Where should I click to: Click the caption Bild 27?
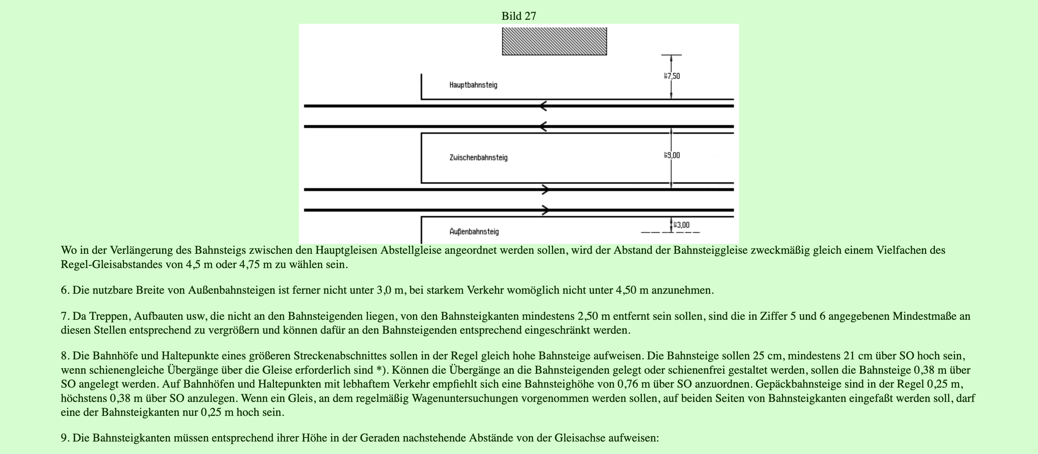pyautogui.click(x=519, y=16)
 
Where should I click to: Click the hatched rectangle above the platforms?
pyautogui.click(x=554, y=41)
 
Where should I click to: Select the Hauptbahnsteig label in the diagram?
pyautogui.click(x=473, y=85)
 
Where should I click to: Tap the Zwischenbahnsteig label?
pyautogui.click(x=478, y=158)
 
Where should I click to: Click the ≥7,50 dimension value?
pyautogui.click(x=672, y=76)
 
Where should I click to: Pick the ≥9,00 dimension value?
pyautogui.click(x=672, y=155)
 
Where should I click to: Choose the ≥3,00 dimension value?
pyautogui.click(x=681, y=225)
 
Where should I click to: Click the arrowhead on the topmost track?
pyautogui.click(x=544, y=106)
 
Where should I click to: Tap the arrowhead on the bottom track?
pyautogui.click(x=545, y=210)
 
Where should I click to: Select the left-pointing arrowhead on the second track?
pyautogui.click(x=544, y=127)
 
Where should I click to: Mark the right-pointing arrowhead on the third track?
pyautogui.click(x=545, y=190)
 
